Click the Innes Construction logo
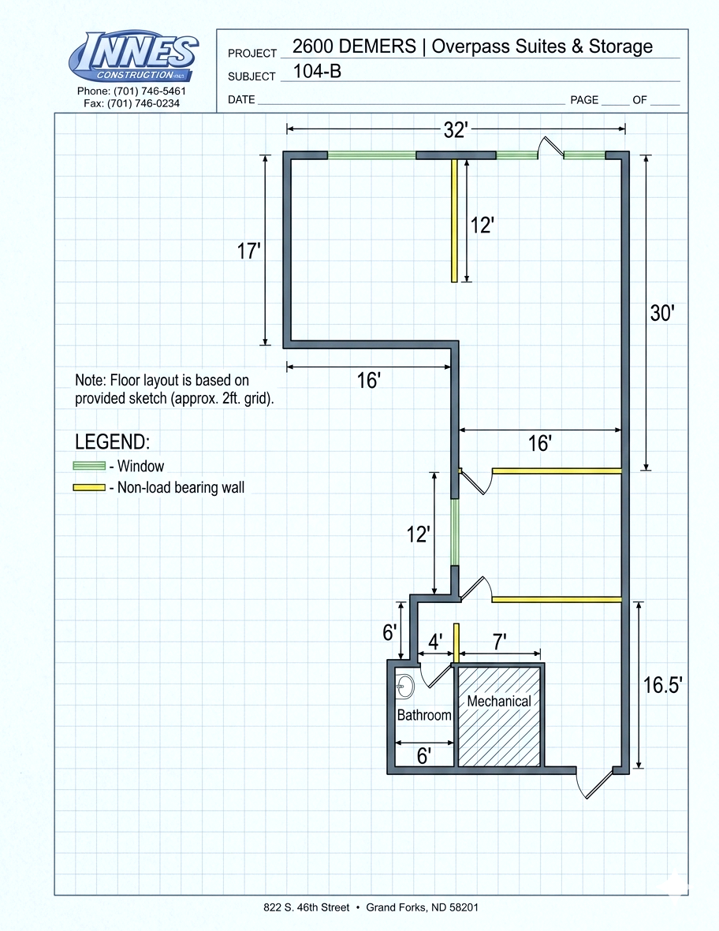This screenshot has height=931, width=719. coord(133,56)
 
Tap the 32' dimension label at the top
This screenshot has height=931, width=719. coord(456,130)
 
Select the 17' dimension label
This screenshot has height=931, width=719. coord(249,251)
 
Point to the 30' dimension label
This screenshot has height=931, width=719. coord(662,313)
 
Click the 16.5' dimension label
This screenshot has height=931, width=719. coord(662,685)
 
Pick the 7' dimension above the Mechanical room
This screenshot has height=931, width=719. coord(500,642)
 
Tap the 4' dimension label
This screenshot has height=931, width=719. coord(436,642)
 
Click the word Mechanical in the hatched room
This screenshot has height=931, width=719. coord(499,702)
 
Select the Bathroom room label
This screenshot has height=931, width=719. coord(424,715)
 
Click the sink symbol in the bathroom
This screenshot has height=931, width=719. coord(405,687)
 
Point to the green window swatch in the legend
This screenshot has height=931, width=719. coord(89,466)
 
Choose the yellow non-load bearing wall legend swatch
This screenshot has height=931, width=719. coord(89,488)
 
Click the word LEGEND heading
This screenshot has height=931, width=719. coord(112,441)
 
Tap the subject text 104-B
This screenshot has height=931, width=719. coord(317,71)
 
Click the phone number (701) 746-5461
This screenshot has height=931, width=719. coord(150,91)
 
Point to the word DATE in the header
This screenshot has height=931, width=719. coord(242,100)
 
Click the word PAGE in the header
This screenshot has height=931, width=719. coord(584,100)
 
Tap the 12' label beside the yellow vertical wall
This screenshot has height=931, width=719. coord(482,225)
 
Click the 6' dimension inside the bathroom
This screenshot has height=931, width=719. coord(424,756)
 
